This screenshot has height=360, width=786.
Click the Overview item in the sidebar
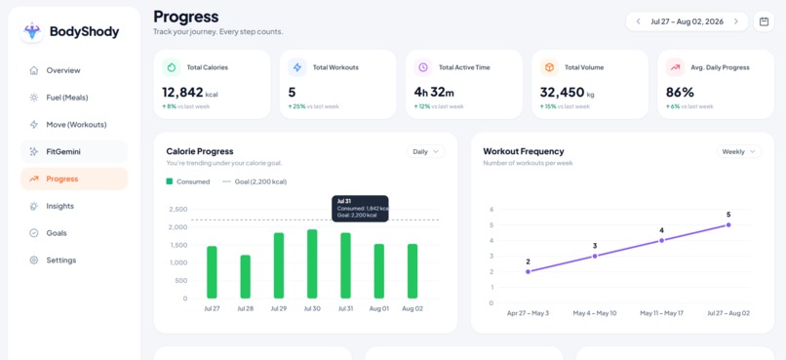[x=62, y=70]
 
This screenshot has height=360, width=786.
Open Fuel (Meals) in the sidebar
[x=66, y=98]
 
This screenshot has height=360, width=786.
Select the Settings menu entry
[x=60, y=260]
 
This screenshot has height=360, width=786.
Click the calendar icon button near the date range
[x=764, y=21]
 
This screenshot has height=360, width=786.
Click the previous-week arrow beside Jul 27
[x=638, y=21]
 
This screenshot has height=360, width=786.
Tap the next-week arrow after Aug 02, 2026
[x=736, y=21]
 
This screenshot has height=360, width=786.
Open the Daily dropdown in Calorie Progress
[x=425, y=151]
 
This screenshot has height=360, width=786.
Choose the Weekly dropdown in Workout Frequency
[x=739, y=151]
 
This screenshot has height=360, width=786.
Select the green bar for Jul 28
[x=245, y=277]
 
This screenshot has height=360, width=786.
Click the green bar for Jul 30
[x=312, y=264]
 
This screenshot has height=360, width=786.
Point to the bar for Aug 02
[x=413, y=271]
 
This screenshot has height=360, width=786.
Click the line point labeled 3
[x=595, y=256]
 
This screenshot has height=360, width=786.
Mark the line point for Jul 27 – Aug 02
[x=728, y=224]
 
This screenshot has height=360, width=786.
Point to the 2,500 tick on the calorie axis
[x=178, y=209]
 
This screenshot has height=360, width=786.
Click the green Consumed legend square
[x=170, y=181]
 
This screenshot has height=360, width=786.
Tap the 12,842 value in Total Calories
[x=182, y=93]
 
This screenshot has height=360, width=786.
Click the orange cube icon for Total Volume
[x=549, y=67]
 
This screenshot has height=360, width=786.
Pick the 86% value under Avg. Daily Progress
[x=680, y=93]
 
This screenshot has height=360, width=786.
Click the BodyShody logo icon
[x=32, y=31]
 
